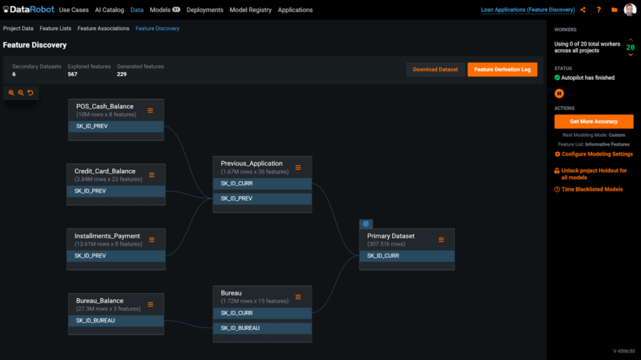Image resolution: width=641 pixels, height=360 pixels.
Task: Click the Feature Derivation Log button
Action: tap(502, 69)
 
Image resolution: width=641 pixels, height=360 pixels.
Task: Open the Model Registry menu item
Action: tap(250, 10)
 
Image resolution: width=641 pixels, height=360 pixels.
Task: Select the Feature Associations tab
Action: tap(103, 29)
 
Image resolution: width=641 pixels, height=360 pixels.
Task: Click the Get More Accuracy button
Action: tap(593, 121)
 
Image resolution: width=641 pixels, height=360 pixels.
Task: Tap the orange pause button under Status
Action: tap(559, 94)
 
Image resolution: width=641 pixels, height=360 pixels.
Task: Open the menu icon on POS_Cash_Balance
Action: tap(150, 110)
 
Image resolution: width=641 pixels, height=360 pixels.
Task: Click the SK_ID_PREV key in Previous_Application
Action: tap(262, 198)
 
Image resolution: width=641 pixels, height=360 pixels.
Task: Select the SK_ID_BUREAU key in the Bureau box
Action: tap(262, 328)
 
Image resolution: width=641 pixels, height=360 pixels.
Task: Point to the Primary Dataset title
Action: tap(391, 236)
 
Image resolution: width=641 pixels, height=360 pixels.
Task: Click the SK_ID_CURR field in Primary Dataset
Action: tap(407, 256)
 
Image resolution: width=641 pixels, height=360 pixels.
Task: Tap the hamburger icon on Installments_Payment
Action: tap(151, 240)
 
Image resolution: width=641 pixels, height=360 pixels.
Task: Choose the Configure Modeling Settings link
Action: tap(593, 154)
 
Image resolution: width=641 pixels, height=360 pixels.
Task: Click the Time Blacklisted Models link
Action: tap(588, 190)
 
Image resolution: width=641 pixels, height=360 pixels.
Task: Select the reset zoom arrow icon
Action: tap(30, 93)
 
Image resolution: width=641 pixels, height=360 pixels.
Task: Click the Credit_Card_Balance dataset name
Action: tap(105, 172)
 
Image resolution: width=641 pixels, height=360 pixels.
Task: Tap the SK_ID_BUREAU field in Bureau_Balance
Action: tap(116, 321)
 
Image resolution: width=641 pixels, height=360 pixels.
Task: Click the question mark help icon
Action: tap(598, 10)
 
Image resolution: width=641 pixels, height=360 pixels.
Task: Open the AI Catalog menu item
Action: tap(109, 10)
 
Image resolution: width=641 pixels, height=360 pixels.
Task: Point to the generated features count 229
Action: tap(122, 75)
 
